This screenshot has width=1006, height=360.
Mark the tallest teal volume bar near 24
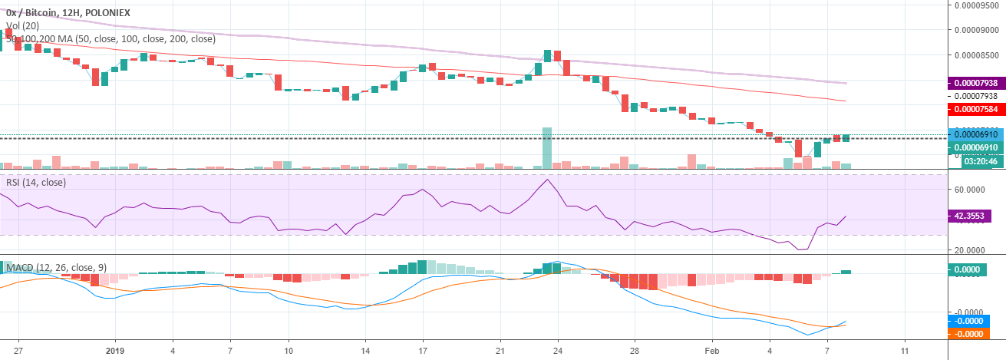[x=547, y=148]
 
